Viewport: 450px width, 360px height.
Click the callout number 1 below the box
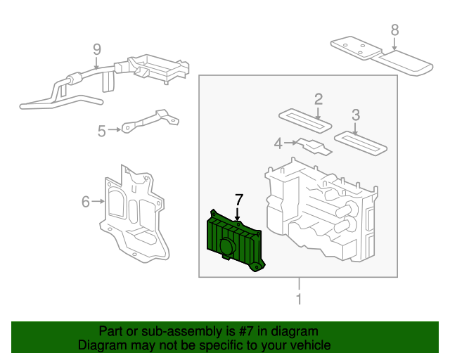pyautogui.click(x=299, y=300)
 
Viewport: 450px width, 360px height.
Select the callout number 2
pyautogui.click(x=318, y=98)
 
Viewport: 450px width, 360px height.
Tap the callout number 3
pyautogui.click(x=355, y=115)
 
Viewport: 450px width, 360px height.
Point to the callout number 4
pyautogui.click(x=278, y=143)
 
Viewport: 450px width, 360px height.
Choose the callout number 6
pyautogui.click(x=85, y=202)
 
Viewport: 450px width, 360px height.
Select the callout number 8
pyautogui.click(x=394, y=30)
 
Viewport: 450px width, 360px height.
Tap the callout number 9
pyautogui.click(x=97, y=49)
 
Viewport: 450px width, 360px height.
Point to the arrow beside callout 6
pyautogui.click(x=98, y=202)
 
